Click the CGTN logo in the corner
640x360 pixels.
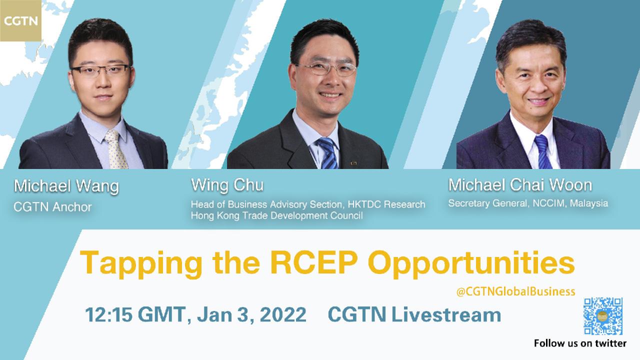coord(20,20)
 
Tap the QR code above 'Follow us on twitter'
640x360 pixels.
coord(603,316)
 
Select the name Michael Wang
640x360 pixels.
coord(66,186)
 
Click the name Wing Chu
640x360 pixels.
coord(227,185)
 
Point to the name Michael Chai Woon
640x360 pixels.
coord(520,185)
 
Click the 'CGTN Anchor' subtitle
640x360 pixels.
coord(52,207)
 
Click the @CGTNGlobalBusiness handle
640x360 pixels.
coord(515,291)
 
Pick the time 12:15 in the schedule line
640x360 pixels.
coord(108,314)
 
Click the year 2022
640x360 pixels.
coord(283,314)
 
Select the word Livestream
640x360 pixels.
coord(446,314)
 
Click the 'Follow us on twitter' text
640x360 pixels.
coord(580,343)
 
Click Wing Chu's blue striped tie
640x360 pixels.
coord(328,153)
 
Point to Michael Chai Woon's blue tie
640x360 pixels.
coord(543,152)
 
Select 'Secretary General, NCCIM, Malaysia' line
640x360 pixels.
coord(528,203)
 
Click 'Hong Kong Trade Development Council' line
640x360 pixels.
coord(276,215)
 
